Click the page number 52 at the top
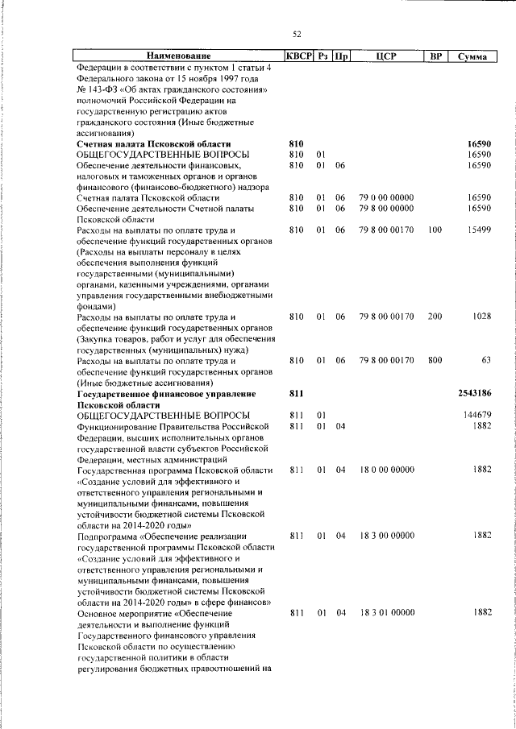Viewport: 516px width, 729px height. coord(297,33)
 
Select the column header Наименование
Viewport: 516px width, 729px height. coord(178,56)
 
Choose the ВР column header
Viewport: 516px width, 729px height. coord(435,56)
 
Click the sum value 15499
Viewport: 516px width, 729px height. coord(479,230)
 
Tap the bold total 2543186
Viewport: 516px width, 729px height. coord(474,393)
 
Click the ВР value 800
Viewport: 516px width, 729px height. coord(435,361)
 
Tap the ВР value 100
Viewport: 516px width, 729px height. coord(435,230)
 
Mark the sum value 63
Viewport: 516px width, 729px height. coord(486,361)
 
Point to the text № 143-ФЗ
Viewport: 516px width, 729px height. coord(96,89)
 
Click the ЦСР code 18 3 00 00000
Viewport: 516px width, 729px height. coord(387,536)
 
